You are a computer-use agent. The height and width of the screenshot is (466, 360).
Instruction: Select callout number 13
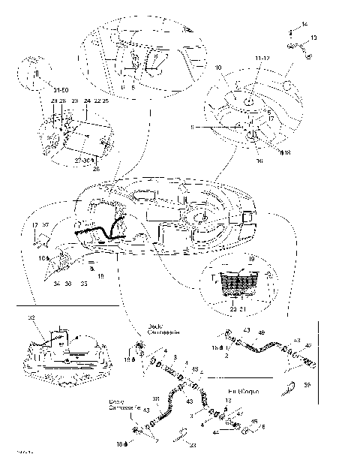pos(314,38)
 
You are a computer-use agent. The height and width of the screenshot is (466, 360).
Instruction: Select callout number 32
pos(31,318)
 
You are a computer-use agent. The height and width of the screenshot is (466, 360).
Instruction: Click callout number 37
pos(44,225)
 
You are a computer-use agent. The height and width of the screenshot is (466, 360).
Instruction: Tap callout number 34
pos(55,284)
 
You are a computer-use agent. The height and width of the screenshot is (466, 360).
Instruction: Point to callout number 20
pos(233,308)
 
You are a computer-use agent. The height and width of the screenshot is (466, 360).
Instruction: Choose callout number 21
pos(243,308)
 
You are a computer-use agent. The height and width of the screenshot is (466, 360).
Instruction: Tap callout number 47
pos(239,413)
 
